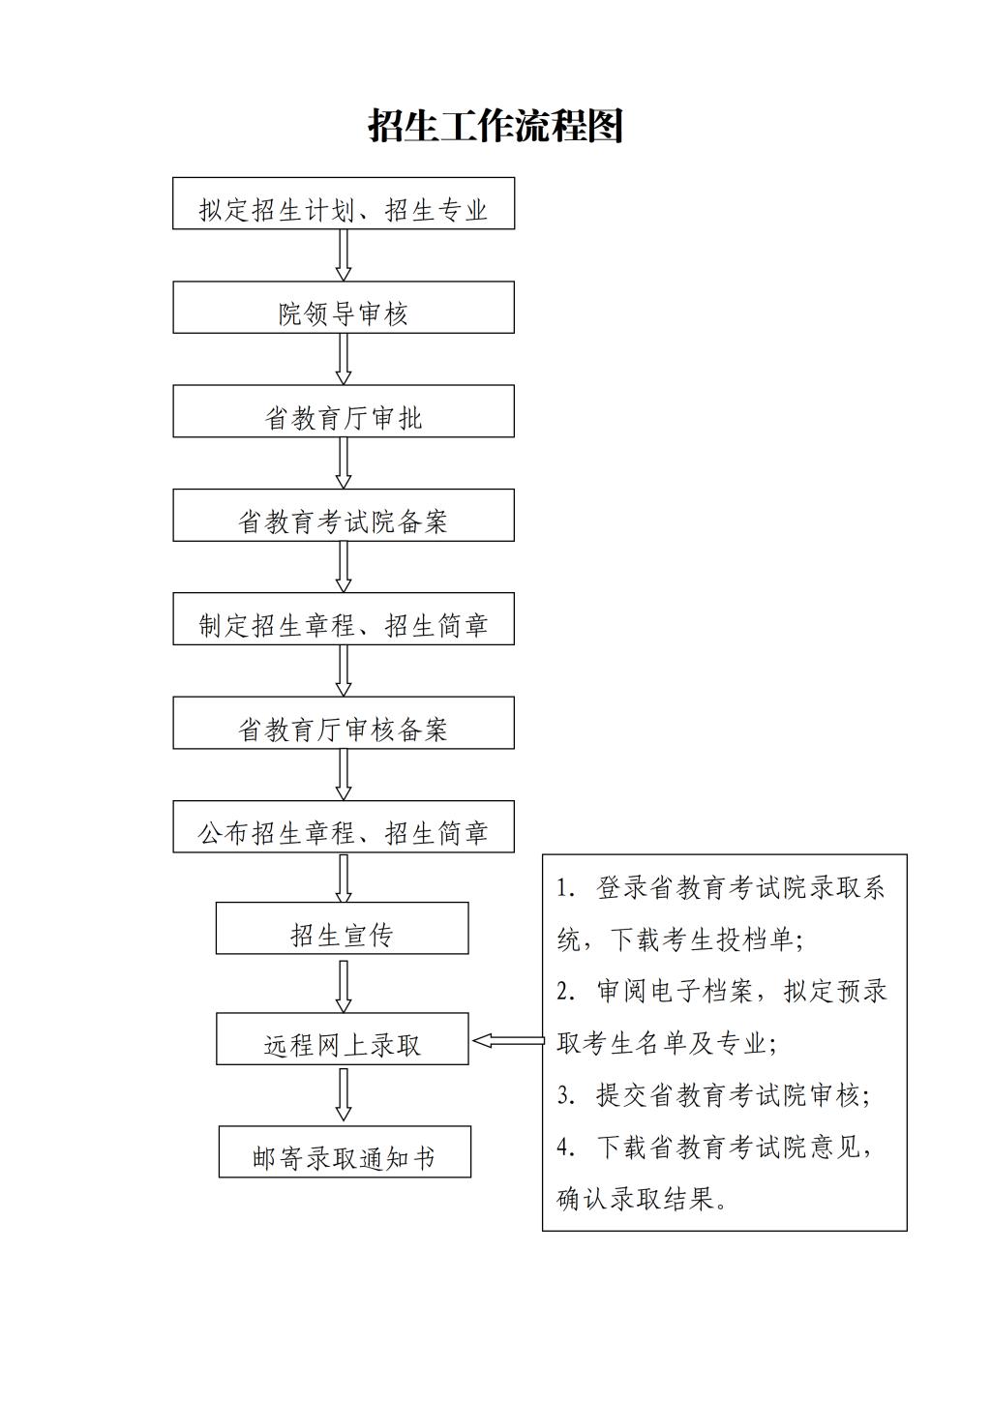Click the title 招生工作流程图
pos(495,126)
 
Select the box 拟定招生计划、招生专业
pos(344,203)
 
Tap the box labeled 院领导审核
pos(344,307)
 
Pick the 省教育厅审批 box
pos(344,411)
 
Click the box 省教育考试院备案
pos(344,515)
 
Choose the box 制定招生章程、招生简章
pos(344,618)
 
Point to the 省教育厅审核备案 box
pos(344,723)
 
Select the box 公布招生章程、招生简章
pos(344,826)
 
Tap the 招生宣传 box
pos(343,928)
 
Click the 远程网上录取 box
pos(343,1039)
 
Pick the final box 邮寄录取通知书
pos(345,1151)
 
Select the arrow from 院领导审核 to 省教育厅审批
pos(344,359)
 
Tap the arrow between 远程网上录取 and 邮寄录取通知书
pos(344,1094)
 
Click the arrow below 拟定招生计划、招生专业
pos(344,255)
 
